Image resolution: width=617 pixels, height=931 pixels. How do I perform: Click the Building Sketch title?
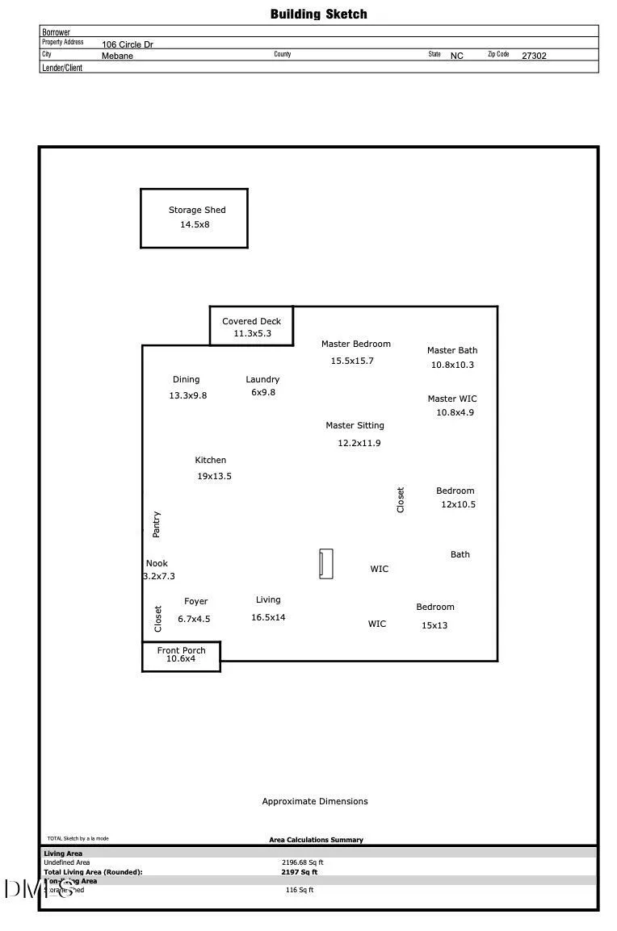coord(318,14)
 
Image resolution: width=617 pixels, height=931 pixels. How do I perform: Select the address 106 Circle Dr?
coord(127,45)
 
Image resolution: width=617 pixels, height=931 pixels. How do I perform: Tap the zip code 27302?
coord(534,56)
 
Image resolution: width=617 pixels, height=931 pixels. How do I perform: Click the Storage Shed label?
coord(197,210)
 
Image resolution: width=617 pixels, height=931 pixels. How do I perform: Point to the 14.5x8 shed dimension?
coord(195,224)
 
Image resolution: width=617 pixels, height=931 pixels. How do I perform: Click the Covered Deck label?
coord(252,321)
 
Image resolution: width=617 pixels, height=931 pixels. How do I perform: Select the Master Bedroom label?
coord(355,344)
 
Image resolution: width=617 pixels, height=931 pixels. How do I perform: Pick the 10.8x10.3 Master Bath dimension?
coord(452,365)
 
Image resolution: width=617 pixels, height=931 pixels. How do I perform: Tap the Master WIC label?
coord(452,399)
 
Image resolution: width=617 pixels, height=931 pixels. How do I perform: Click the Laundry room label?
coord(262,379)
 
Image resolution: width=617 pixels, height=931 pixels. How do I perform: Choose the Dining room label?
coord(186,379)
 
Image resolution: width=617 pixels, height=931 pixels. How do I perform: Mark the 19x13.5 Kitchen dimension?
coord(214,476)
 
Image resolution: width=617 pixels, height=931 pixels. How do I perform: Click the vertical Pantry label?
coord(157,524)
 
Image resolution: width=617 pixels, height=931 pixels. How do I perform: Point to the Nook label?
coord(157,563)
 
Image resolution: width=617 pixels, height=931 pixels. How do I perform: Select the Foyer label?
coord(195,601)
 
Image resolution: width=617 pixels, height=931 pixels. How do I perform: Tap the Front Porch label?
coord(181,650)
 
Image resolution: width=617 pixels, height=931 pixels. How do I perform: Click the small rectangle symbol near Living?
coord(325,564)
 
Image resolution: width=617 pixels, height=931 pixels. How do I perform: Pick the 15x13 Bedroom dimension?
coord(434,625)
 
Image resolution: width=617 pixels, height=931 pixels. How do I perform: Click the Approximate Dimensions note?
coord(314,801)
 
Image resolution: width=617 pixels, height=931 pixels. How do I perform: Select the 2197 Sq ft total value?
coord(299,872)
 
